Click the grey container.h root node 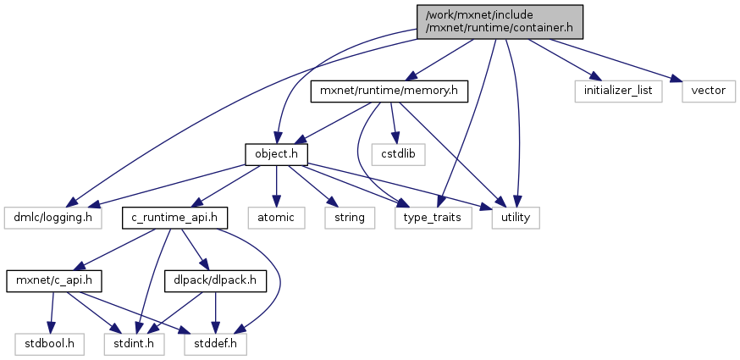tap(499, 19)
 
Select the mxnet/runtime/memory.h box tap(389, 90)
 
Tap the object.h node tap(275, 153)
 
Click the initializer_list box tap(617, 90)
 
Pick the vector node tap(709, 90)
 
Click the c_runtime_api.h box tap(175, 218)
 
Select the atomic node tap(276, 218)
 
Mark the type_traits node tap(434, 218)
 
